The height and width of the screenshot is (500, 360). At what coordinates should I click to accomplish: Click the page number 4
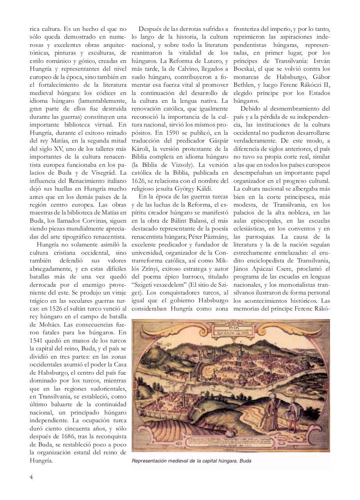(32, 476)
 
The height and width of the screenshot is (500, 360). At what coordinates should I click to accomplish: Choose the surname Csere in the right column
(285, 269)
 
